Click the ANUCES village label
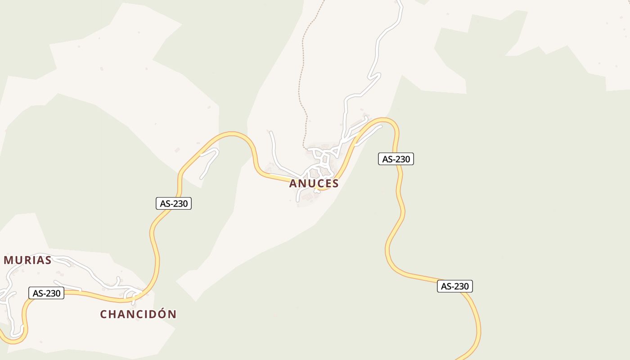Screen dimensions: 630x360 (x=314, y=184)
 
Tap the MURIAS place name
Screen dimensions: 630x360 (x=27, y=260)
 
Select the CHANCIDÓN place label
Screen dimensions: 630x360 (x=138, y=314)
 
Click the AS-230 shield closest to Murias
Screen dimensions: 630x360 (x=46, y=293)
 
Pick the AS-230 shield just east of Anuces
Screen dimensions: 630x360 (x=396, y=159)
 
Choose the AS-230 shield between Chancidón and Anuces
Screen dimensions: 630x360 (x=174, y=203)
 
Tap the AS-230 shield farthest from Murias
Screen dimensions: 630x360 (x=455, y=286)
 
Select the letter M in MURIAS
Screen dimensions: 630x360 (x=9, y=260)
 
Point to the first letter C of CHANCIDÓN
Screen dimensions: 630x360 (x=103, y=314)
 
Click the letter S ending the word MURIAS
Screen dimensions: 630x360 (x=47, y=260)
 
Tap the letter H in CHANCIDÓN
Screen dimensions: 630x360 (x=113, y=314)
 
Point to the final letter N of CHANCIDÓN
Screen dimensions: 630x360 (x=172, y=314)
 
